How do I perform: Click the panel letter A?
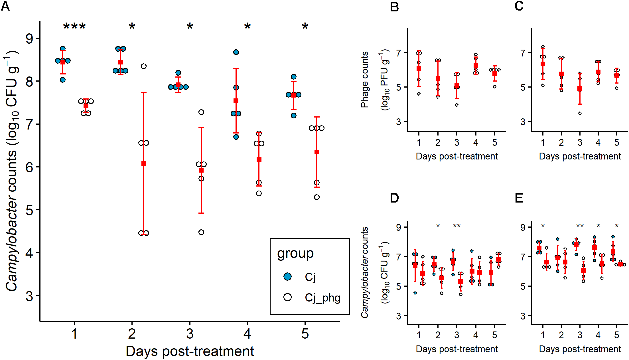(x=5, y=6)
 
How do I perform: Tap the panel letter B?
(x=394, y=7)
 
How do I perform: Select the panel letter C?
(x=519, y=6)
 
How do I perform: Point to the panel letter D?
(x=394, y=198)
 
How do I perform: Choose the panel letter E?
(x=519, y=198)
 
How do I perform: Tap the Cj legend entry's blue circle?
(x=287, y=276)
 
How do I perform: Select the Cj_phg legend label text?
(x=322, y=298)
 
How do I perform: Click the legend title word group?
(x=295, y=253)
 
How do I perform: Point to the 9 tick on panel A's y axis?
(x=29, y=39)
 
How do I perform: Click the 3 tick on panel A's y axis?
(x=29, y=296)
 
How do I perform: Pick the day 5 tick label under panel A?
(x=305, y=333)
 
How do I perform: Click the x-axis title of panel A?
(x=190, y=351)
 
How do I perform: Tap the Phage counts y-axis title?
(x=364, y=80)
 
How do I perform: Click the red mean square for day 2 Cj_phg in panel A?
(x=144, y=163)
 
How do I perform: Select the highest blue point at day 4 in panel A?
(x=236, y=52)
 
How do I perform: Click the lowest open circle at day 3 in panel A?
(x=201, y=232)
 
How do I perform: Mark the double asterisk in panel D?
(x=457, y=226)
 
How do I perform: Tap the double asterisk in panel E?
(x=580, y=226)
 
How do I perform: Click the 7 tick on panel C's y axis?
(x=523, y=53)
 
